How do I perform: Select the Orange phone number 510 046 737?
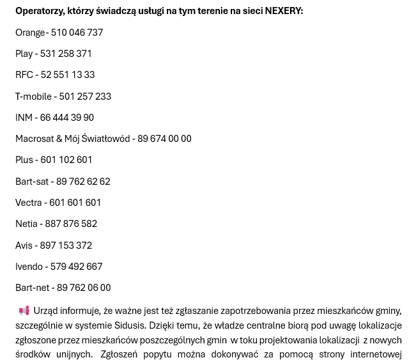pos(77,33)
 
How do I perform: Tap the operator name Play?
pos(24,54)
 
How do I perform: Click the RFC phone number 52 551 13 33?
pos(68,75)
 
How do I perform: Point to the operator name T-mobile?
pos(33,97)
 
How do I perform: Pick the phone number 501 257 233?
pos(85,97)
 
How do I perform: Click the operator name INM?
pos(24,118)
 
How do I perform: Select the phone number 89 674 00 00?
pos(164,139)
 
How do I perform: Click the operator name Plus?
pos(24,160)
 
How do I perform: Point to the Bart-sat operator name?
pos(31,182)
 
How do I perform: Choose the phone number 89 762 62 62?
pos(83,182)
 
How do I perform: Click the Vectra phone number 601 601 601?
pos(75,203)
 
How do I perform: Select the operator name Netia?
pos(26,224)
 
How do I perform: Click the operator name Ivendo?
pos(29,267)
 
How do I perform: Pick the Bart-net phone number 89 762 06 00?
pos(84,288)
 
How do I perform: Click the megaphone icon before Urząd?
pos(24,311)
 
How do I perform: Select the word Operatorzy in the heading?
pos(39,11)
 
